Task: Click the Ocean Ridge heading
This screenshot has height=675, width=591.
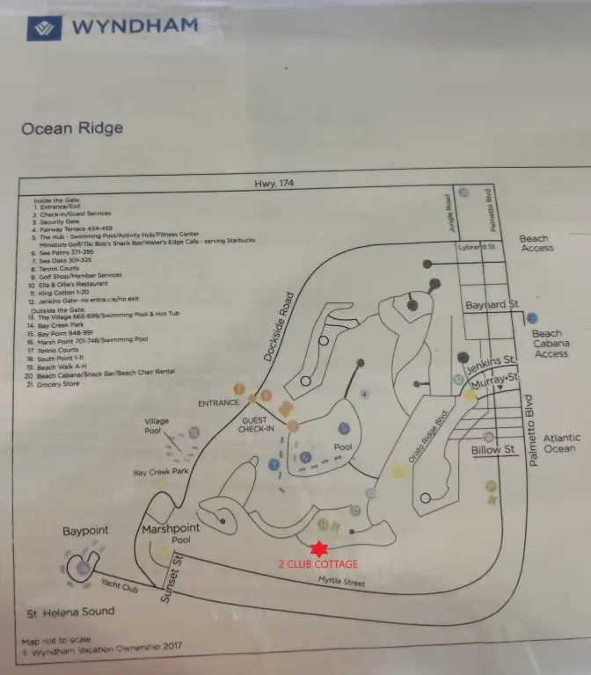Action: pos(72,128)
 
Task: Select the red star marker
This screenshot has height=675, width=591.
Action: pos(319,548)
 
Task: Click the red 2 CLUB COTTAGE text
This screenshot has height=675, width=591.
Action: pos(318,564)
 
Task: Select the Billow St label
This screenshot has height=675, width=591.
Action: pos(492,450)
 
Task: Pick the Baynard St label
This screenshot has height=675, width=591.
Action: pos(492,305)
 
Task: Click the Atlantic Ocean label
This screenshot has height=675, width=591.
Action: pos(561,443)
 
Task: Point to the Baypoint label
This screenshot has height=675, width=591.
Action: pos(85,532)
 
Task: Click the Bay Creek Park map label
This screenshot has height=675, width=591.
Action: pos(161,473)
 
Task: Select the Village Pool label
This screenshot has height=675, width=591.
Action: pos(157,427)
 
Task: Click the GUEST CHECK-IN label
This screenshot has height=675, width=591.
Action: pos(258,425)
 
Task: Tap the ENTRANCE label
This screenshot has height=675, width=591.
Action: pos(219,403)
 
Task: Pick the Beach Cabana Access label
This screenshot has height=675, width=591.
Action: pos(551,344)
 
